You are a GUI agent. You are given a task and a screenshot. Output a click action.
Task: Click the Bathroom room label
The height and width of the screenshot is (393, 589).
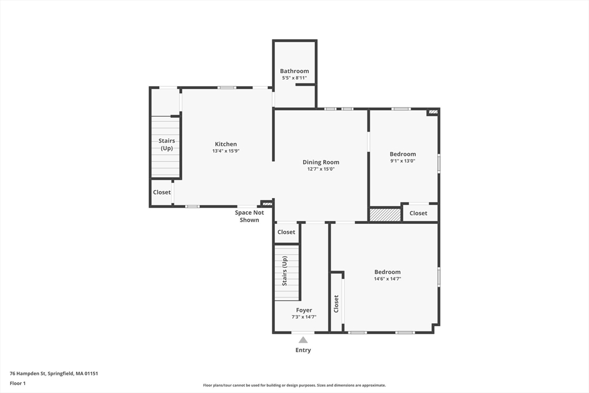pyautogui.click(x=294, y=71)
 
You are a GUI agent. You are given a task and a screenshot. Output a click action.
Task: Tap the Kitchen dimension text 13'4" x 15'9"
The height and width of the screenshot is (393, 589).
pyautogui.click(x=225, y=151)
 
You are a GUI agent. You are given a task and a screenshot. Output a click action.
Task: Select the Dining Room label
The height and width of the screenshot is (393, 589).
pyautogui.click(x=321, y=162)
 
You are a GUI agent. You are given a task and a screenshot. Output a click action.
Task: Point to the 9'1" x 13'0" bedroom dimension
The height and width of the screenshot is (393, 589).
pyautogui.click(x=403, y=161)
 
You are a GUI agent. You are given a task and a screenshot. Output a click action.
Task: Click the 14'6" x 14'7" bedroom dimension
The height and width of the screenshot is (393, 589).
pyautogui.click(x=387, y=278)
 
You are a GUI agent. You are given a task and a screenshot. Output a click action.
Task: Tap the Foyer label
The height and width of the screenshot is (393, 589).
pyautogui.click(x=304, y=310)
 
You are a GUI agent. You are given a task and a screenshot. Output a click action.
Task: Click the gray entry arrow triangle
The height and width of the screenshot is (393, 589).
pyautogui.click(x=303, y=340)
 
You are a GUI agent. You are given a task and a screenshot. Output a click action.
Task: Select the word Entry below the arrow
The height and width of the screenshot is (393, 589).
pyautogui.click(x=303, y=350)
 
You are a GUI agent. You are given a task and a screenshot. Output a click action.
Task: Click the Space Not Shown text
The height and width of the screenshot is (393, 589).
pyautogui.click(x=250, y=216)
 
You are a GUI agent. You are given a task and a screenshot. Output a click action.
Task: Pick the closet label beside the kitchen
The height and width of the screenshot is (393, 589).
pyautogui.click(x=162, y=192)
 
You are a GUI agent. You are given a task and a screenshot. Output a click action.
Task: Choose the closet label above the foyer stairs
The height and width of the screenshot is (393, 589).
pyautogui.click(x=286, y=232)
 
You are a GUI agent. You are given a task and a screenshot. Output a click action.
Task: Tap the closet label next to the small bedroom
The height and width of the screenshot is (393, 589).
pyautogui.click(x=418, y=213)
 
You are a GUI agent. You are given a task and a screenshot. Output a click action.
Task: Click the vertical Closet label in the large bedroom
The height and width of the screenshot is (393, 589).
pyautogui.click(x=336, y=304)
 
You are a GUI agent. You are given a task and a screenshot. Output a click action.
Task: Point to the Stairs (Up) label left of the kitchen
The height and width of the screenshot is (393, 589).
pyautogui.click(x=166, y=144)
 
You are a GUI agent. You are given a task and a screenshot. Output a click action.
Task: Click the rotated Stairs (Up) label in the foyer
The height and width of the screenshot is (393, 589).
pyautogui.click(x=284, y=271)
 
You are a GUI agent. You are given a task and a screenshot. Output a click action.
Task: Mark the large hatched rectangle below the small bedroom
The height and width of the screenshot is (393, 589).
pyautogui.click(x=385, y=215)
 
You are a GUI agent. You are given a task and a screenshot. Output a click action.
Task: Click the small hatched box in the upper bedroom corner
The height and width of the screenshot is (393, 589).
pyautogui.click(x=433, y=112)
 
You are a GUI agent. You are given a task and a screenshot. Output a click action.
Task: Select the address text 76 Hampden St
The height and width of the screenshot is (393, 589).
pyautogui.click(x=28, y=373)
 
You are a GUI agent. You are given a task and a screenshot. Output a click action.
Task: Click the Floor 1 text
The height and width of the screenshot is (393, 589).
pyautogui.click(x=18, y=384)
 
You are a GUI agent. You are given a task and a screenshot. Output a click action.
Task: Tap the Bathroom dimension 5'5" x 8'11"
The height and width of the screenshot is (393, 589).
pyautogui.click(x=294, y=78)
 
